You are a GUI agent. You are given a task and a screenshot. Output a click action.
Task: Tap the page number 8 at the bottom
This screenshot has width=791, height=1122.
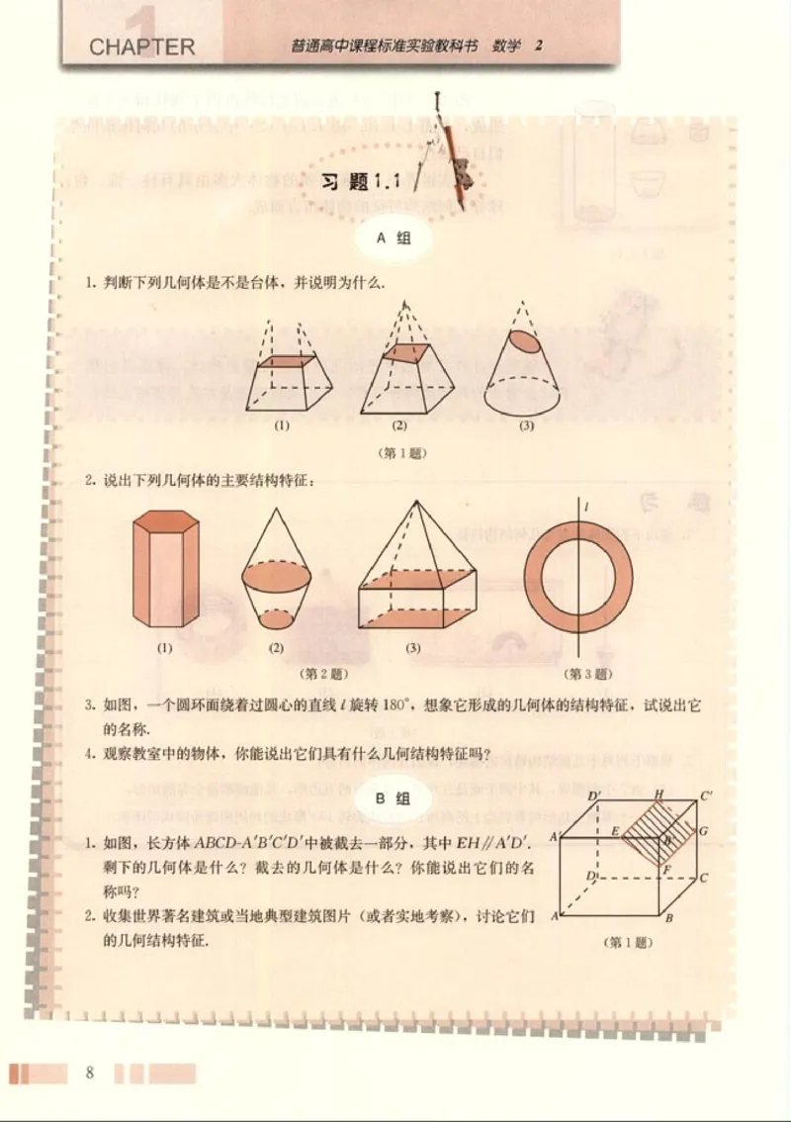coord(90,1073)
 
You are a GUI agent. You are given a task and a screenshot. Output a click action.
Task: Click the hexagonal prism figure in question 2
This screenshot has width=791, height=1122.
coord(165,569)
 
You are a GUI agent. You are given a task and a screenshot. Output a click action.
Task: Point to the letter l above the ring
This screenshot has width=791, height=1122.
coord(586,508)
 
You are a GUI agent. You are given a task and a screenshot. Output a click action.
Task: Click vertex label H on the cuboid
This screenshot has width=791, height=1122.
coord(658,796)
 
